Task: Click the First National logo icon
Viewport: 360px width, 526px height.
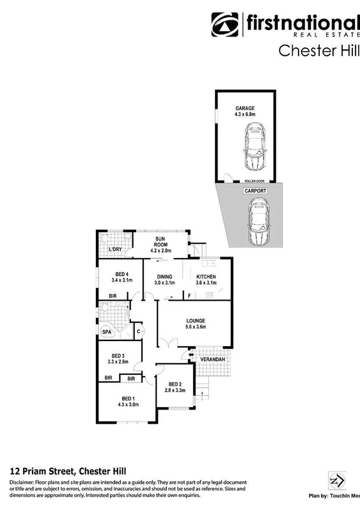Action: click(x=225, y=26)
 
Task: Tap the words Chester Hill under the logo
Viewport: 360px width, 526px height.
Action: click(x=318, y=51)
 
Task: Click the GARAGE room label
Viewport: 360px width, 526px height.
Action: click(x=245, y=108)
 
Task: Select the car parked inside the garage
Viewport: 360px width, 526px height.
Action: click(x=254, y=147)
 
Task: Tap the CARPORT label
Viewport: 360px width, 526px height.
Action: click(x=254, y=191)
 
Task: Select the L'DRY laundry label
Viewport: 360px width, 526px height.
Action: click(x=116, y=250)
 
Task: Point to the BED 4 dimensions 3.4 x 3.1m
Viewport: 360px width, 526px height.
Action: click(x=121, y=280)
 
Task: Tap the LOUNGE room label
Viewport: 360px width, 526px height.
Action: click(x=195, y=320)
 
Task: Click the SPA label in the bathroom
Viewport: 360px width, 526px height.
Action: click(x=107, y=331)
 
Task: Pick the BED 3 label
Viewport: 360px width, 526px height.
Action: click(x=118, y=356)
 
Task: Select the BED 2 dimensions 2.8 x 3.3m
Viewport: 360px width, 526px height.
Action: click(x=175, y=390)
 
